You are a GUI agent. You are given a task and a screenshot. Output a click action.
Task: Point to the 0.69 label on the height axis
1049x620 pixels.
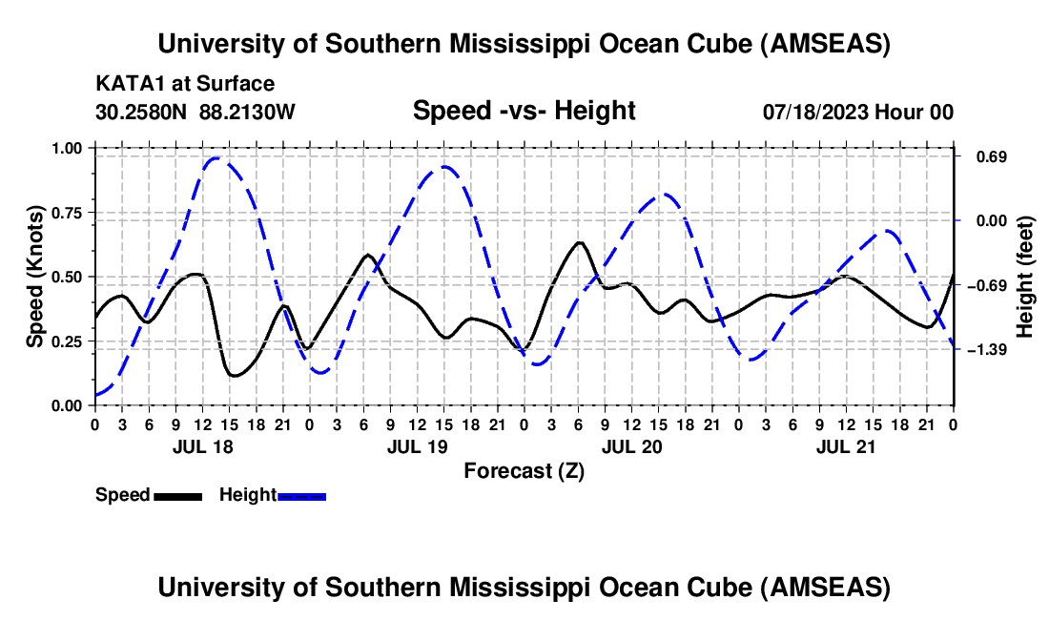tap(983, 156)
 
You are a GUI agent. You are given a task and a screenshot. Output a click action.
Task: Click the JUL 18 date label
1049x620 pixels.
tap(202, 445)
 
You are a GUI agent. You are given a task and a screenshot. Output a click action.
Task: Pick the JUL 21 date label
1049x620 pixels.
tap(847, 445)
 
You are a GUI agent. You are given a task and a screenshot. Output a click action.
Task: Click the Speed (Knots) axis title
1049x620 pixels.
tap(35, 277)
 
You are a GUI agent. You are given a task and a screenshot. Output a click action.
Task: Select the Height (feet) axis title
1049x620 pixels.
tap(1026, 277)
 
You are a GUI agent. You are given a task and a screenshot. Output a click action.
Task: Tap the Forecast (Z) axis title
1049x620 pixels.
tap(524, 470)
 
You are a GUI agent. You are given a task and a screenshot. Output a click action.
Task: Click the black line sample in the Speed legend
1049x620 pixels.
tap(176, 496)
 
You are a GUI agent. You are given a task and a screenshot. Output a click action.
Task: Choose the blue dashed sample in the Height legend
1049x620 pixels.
tap(301, 496)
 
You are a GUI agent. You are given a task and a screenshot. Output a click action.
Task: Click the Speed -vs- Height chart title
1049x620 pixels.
tap(524, 111)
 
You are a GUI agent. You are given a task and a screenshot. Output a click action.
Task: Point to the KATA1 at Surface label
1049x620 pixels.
tap(185, 85)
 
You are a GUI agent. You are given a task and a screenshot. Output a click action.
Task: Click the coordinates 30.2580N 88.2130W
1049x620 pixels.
tap(195, 112)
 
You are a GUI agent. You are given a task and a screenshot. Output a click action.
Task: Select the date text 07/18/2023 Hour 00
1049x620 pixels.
tap(857, 112)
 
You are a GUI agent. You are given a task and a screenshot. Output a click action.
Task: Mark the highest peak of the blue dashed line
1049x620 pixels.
tap(216, 158)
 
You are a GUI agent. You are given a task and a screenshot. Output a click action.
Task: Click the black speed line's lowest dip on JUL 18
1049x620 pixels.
tap(235, 376)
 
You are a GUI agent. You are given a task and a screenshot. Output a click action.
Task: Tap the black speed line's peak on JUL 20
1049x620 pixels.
tap(578, 242)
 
